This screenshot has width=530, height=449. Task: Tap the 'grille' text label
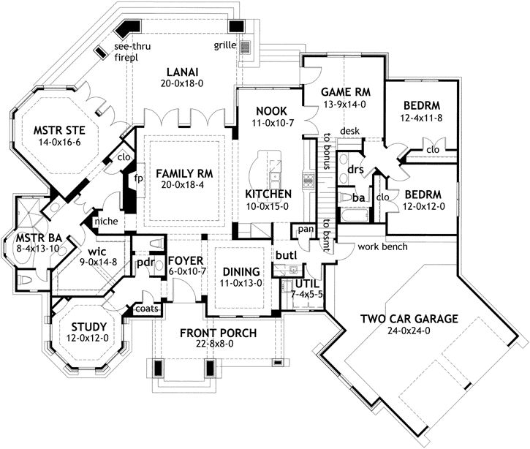224,45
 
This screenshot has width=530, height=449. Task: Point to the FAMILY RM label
183,173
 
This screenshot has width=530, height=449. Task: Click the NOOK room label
268,110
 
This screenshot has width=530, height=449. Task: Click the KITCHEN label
268,194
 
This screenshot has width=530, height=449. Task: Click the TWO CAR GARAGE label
409,319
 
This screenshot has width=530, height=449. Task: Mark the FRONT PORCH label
218,333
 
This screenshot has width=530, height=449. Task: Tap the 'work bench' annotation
378,246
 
